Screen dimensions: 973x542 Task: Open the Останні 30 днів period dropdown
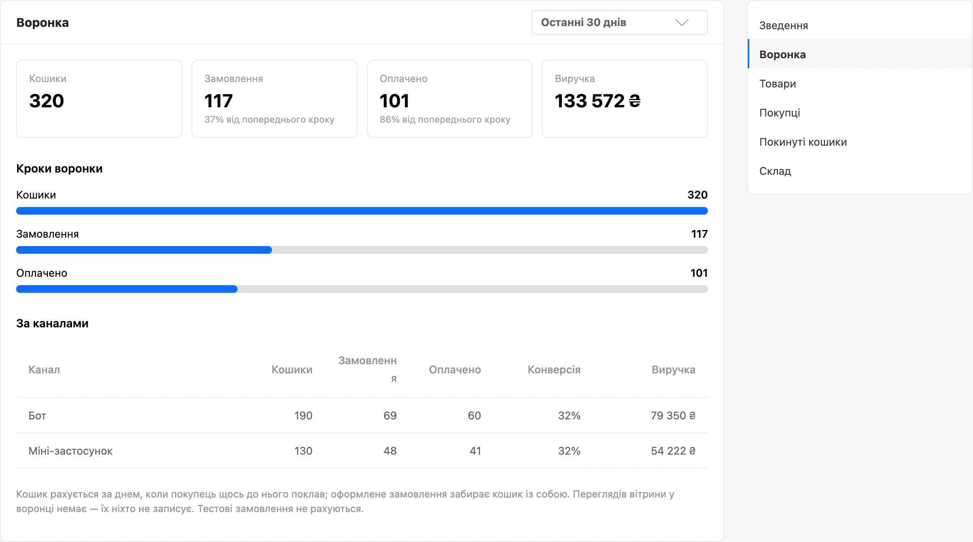(x=619, y=22)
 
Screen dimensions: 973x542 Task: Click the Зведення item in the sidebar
(x=783, y=25)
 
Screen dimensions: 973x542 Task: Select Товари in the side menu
(x=778, y=84)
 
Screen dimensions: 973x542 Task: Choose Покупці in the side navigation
(x=780, y=113)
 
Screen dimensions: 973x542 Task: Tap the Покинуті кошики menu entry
(x=803, y=142)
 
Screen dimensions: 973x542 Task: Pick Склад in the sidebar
(x=775, y=171)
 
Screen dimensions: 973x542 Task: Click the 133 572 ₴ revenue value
(x=597, y=101)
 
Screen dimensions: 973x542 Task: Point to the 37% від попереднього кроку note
(x=269, y=120)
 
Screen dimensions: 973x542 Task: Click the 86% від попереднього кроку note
(x=445, y=120)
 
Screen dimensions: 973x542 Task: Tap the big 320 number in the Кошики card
(x=46, y=101)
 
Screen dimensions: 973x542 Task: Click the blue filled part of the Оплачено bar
(x=127, y=289)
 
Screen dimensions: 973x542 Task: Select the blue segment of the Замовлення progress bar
(x=144, y=250)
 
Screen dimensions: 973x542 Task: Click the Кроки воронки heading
(x=59, y=169)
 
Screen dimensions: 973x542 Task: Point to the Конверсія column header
(x=554, y=370)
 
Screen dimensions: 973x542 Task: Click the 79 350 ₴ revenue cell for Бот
(x=673, y=416)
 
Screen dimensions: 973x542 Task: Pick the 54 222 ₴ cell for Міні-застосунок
(x=673, y=451)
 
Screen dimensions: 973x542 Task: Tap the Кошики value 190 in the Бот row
(x=303, y=416)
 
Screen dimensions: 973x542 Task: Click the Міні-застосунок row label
(x=70, y=451)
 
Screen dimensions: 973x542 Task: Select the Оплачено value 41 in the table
(x=475, y=451)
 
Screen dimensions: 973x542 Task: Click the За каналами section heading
(x=52, y=324)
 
